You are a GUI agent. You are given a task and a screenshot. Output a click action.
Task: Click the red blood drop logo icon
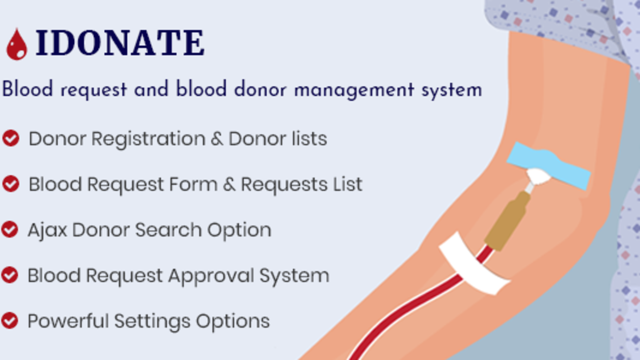[x=17, y=45]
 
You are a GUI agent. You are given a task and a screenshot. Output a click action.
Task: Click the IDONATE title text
[x=120, y=43]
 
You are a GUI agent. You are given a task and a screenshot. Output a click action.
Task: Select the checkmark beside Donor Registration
[x=11, y=138]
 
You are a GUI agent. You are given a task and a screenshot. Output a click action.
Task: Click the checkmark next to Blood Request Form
[x=11, y=184]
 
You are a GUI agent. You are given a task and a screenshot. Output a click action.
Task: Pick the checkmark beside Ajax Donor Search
[x=10, y=229]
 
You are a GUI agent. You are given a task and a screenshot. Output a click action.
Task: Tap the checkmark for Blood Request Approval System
[x=10, y=275]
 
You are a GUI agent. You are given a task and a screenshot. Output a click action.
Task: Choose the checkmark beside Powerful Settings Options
[x=10, y=320]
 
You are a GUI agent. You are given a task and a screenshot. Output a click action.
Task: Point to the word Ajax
[x=47, y=230]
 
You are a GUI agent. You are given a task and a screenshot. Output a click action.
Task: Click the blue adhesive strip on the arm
[x=548, y=166]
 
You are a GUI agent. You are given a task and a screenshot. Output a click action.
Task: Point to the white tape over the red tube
[x=475, y=263]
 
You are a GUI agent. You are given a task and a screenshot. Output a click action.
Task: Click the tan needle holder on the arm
[x=508, y=222]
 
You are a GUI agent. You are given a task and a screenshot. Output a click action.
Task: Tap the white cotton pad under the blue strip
[x=539, y=176]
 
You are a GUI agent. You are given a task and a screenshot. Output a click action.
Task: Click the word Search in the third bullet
[x=168, y=230]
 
